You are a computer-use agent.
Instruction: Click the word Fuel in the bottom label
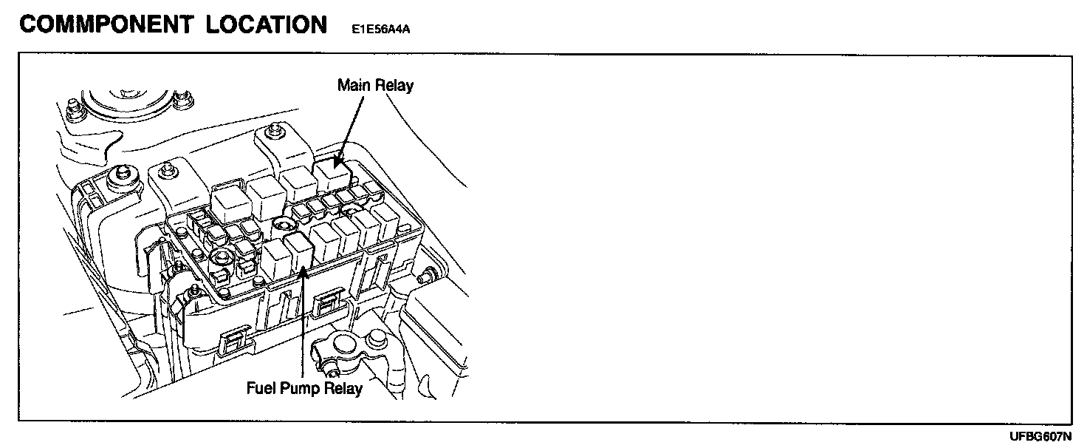(x=261, y=388)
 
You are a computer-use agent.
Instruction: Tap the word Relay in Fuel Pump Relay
(x=343, y=388)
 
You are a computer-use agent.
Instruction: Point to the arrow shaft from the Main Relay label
(x=351, y=126)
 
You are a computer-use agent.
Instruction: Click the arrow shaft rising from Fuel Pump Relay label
(x=303, y=325)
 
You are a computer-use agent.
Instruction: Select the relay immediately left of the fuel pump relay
(x=274, y=259)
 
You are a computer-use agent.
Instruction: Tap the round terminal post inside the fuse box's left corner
(x=219, y=259)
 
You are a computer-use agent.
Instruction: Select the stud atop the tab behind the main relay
(x=275, y=131)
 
